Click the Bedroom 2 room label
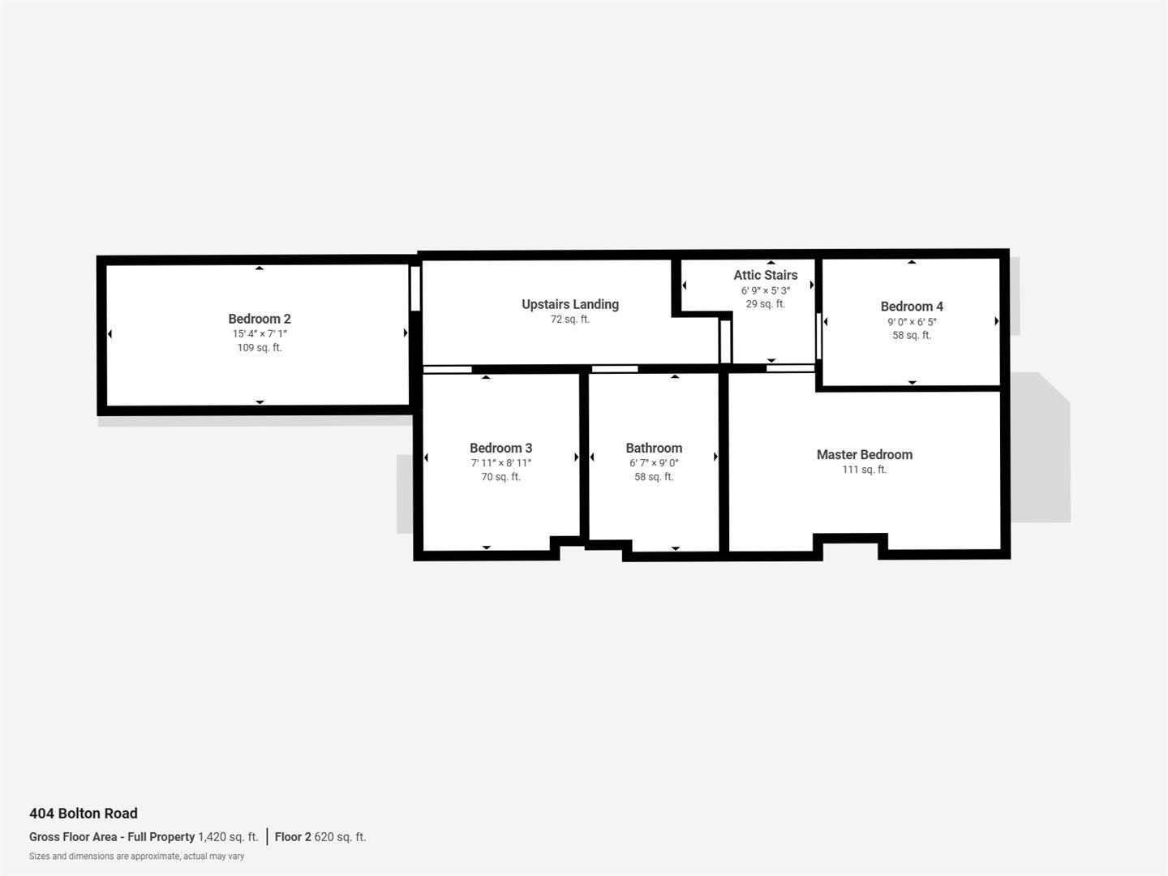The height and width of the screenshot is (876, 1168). [260, 319]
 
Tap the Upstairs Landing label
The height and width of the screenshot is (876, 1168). [570, 304]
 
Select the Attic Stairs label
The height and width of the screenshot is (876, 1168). [766, 275]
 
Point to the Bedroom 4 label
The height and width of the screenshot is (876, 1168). [912, 306]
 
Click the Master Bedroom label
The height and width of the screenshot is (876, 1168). [865, 454]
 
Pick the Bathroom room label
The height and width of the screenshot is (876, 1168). [654, 448]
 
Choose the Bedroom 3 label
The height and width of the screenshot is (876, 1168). [501, 448]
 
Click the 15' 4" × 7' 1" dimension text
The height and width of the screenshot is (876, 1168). [260, 333]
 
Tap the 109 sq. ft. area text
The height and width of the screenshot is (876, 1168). [260, 348]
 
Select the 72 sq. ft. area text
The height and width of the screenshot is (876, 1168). [570, 320]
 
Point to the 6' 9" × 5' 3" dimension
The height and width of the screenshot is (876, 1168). [766, 290]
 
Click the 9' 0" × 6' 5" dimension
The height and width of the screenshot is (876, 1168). [912, 321]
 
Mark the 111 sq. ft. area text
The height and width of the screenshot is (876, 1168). [865, 470]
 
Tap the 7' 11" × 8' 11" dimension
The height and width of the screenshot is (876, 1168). [501, 463]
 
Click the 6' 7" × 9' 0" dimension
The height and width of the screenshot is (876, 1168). [654, 463]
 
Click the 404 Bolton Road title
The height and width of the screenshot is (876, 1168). [84, 814]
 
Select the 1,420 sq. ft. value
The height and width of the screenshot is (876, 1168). [228, 837]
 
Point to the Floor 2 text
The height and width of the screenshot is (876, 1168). [293, 837]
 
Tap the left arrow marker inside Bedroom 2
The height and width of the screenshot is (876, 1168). [109, 334]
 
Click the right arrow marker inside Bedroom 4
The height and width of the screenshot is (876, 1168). [996, 321]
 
